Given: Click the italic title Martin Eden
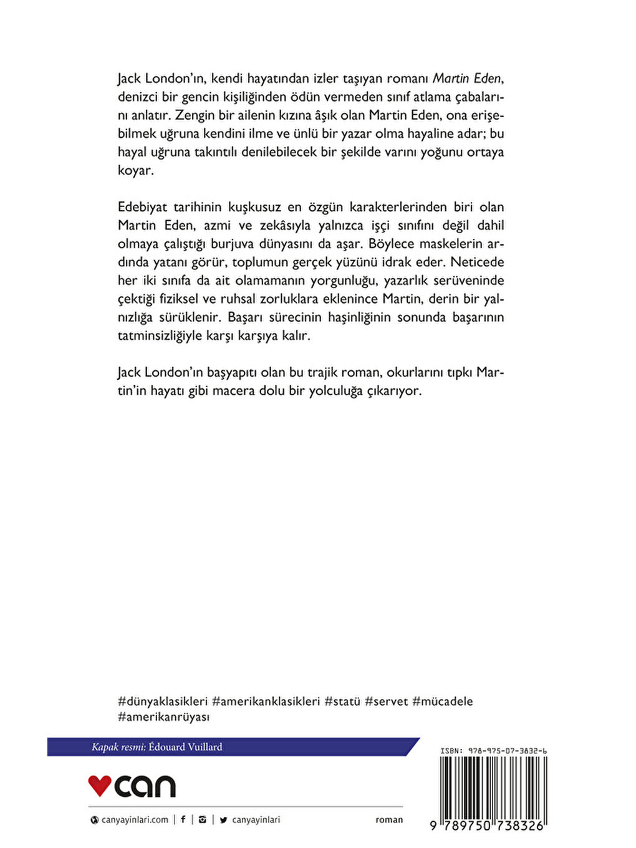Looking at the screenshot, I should pos(467,78).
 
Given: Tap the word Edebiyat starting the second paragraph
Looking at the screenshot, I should pos(142,207).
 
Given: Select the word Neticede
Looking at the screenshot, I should pos(477,262).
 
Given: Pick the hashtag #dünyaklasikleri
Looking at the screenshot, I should pos(162,701).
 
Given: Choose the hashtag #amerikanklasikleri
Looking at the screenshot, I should pos(266,701).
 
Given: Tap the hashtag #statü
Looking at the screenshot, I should pos(342,701).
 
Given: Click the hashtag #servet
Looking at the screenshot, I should pos(386,701).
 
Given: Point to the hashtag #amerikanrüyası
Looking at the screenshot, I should pos(163,716).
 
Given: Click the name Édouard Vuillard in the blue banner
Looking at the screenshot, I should pos(185,747).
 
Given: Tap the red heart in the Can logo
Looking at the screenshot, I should pos(99,785).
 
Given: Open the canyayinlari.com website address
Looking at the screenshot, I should pos(134,820).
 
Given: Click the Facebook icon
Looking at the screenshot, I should pos(183,820).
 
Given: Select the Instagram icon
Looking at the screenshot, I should pos(202,820).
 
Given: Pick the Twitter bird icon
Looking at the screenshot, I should pos(223,820).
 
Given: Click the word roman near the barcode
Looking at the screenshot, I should pos(389,820).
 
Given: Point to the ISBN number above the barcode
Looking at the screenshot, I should pos(493,751).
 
